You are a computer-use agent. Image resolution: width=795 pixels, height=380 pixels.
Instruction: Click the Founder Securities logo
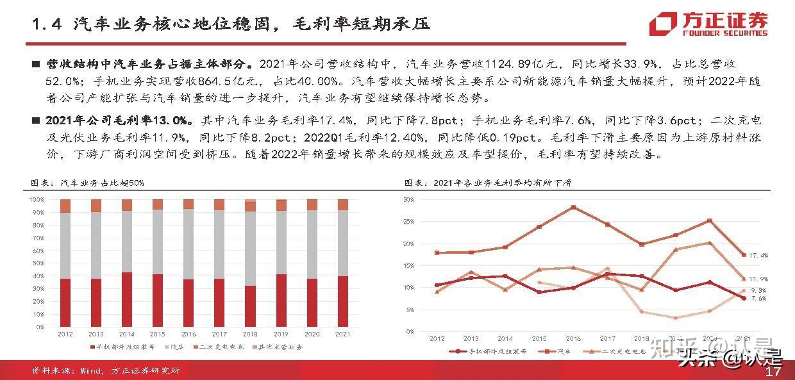(x=708, y=24)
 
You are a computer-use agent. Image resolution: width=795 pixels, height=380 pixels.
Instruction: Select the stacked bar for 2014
(x=127, y=263)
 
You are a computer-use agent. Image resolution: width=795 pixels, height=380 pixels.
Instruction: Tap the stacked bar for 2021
(x=343, y=263)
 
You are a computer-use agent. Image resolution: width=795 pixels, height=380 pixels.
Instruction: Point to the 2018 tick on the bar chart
(x=250, y=334)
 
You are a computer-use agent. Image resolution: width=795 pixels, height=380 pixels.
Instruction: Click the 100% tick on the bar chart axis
(x=37, y=199)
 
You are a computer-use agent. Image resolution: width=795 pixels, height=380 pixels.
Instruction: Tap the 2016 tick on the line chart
(x=573, y=338)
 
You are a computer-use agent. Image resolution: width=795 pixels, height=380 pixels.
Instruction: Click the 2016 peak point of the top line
(x=573, y=207)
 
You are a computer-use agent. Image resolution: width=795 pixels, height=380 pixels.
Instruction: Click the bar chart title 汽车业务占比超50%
(x=88, y=183)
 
